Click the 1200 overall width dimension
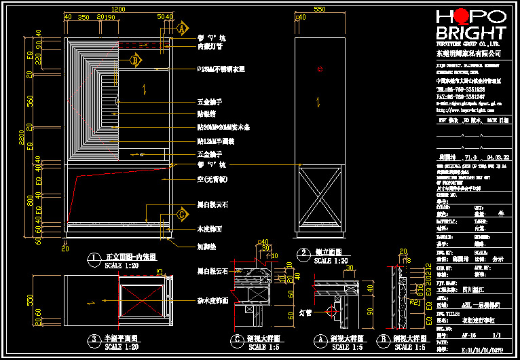click(118, 9)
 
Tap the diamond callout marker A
click(181, 29)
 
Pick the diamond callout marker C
click(181, 215)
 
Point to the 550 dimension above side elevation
click(320, 9)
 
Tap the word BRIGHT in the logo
click(471, 33)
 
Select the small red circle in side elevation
click(320, 69)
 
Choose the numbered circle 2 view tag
click(303, 252)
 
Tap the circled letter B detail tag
click(385, 338)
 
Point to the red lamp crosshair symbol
click(332, 312)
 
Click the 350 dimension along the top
click(83, 16)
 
